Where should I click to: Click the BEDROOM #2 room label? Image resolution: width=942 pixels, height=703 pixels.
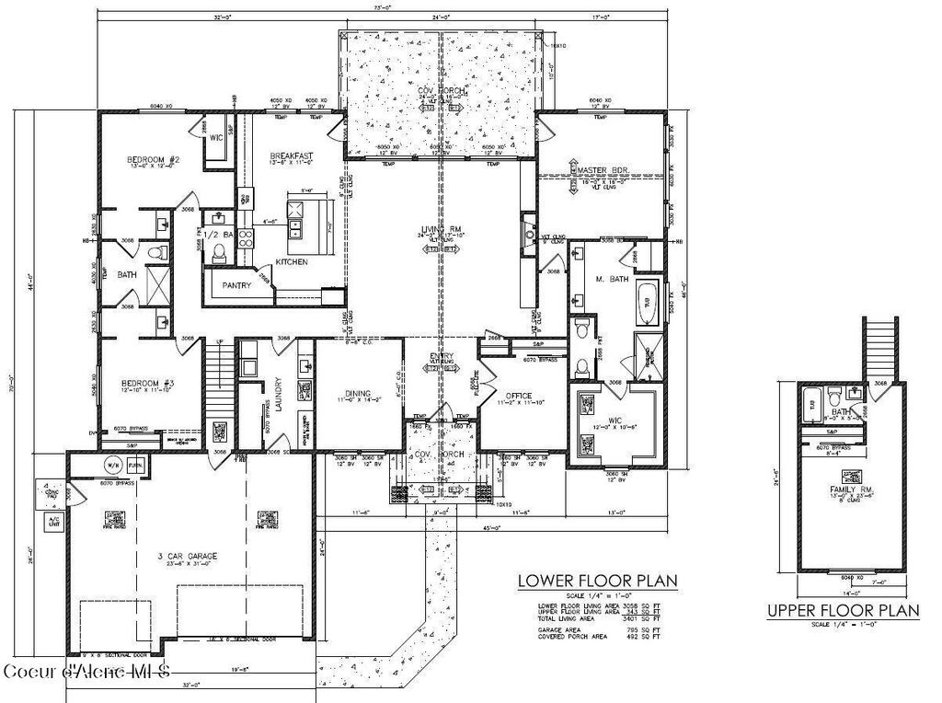[152, 160]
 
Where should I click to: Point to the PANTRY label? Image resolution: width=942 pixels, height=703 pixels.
[236, 285]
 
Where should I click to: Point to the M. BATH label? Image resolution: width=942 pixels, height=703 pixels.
[611, 278]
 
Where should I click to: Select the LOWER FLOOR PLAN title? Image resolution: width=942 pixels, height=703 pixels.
[597, 581]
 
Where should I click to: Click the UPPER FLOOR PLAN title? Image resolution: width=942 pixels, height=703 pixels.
[844, 610]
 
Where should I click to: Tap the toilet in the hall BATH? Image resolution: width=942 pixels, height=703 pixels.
[156, 252]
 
